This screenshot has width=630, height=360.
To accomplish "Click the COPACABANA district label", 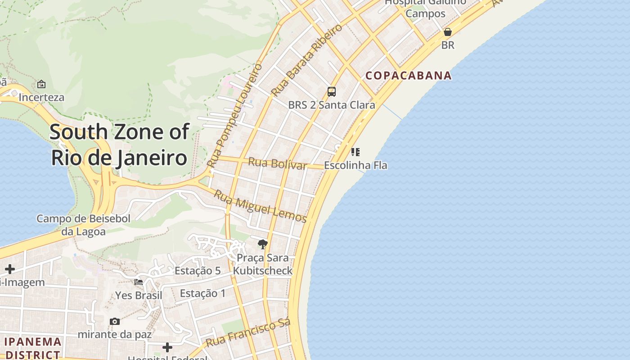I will point(408,76).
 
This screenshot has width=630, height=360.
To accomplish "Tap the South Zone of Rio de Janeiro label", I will point(119,145).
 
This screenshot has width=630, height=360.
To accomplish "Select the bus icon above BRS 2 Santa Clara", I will point(332,92).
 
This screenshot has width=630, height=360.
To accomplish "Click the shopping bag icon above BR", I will point(448,32).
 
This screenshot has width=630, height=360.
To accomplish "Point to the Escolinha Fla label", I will point(355,165).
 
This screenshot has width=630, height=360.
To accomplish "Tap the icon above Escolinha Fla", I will point(355,152).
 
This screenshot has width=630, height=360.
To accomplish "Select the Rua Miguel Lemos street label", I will point(260,207).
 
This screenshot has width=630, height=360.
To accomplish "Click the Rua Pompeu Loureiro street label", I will point(235,116).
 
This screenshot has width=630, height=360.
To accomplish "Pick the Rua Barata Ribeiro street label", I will point(306,60).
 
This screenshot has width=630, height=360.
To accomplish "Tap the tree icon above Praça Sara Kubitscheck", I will point(263,244).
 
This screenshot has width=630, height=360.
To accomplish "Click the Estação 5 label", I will point(198,270).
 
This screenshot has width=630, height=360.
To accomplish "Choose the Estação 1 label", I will point(203,293).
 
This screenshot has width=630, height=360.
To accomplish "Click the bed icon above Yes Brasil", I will point(139,282).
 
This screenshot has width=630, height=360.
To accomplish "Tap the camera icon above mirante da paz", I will point(115,321).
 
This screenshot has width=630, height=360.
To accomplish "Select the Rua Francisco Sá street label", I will point(248,333).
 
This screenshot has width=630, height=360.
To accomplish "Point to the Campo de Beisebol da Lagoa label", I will point(83,225).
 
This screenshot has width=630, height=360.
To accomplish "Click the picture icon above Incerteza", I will point(41,84).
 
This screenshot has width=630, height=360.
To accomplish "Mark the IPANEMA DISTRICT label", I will point(32,348).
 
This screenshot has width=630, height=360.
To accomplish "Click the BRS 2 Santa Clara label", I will point(332,105).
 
